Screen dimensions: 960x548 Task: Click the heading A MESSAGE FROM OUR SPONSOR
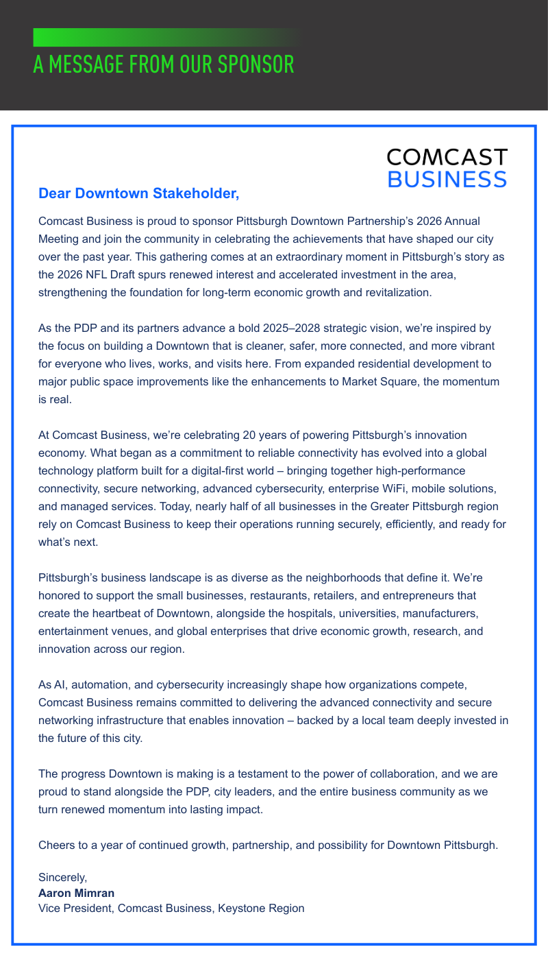click(164, 64)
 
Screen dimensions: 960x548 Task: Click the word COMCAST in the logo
click(447, 158)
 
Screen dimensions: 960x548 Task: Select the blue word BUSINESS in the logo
click(447, 179)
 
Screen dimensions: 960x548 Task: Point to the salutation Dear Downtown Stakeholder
click(139, 193)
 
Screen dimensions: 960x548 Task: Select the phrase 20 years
click(265, 435)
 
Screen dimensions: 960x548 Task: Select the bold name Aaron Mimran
click(76, 893)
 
